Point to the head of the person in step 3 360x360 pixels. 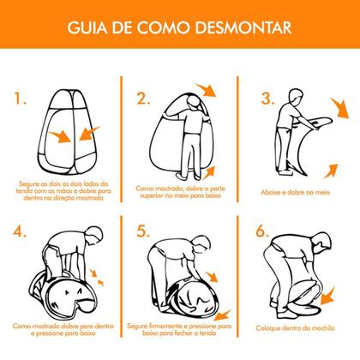tap(291, 94)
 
